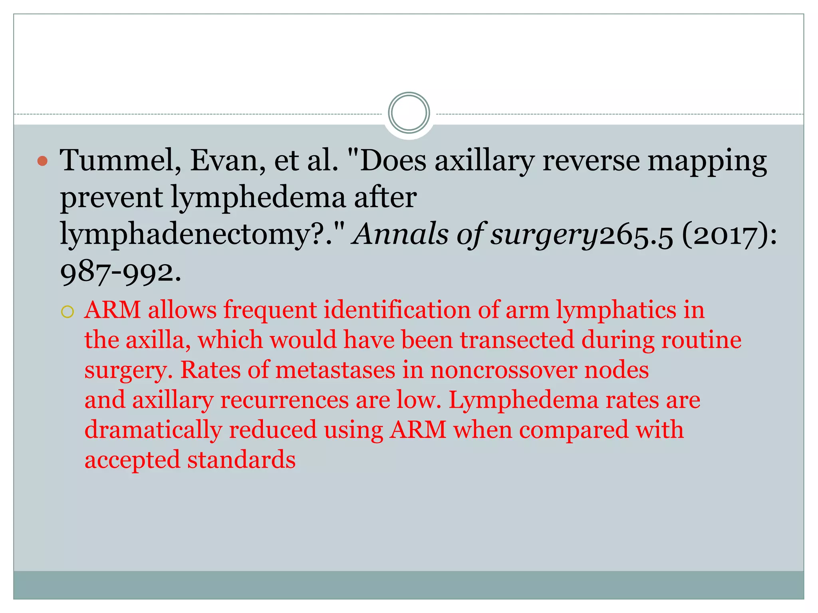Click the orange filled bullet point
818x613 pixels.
42,161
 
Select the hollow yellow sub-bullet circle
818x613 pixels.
68,312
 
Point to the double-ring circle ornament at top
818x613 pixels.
409,113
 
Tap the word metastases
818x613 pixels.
335,370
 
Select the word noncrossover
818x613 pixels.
503,370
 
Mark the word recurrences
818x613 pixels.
284,400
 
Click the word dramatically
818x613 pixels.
153,430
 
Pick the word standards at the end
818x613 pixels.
241,460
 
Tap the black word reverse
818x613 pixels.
591,161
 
